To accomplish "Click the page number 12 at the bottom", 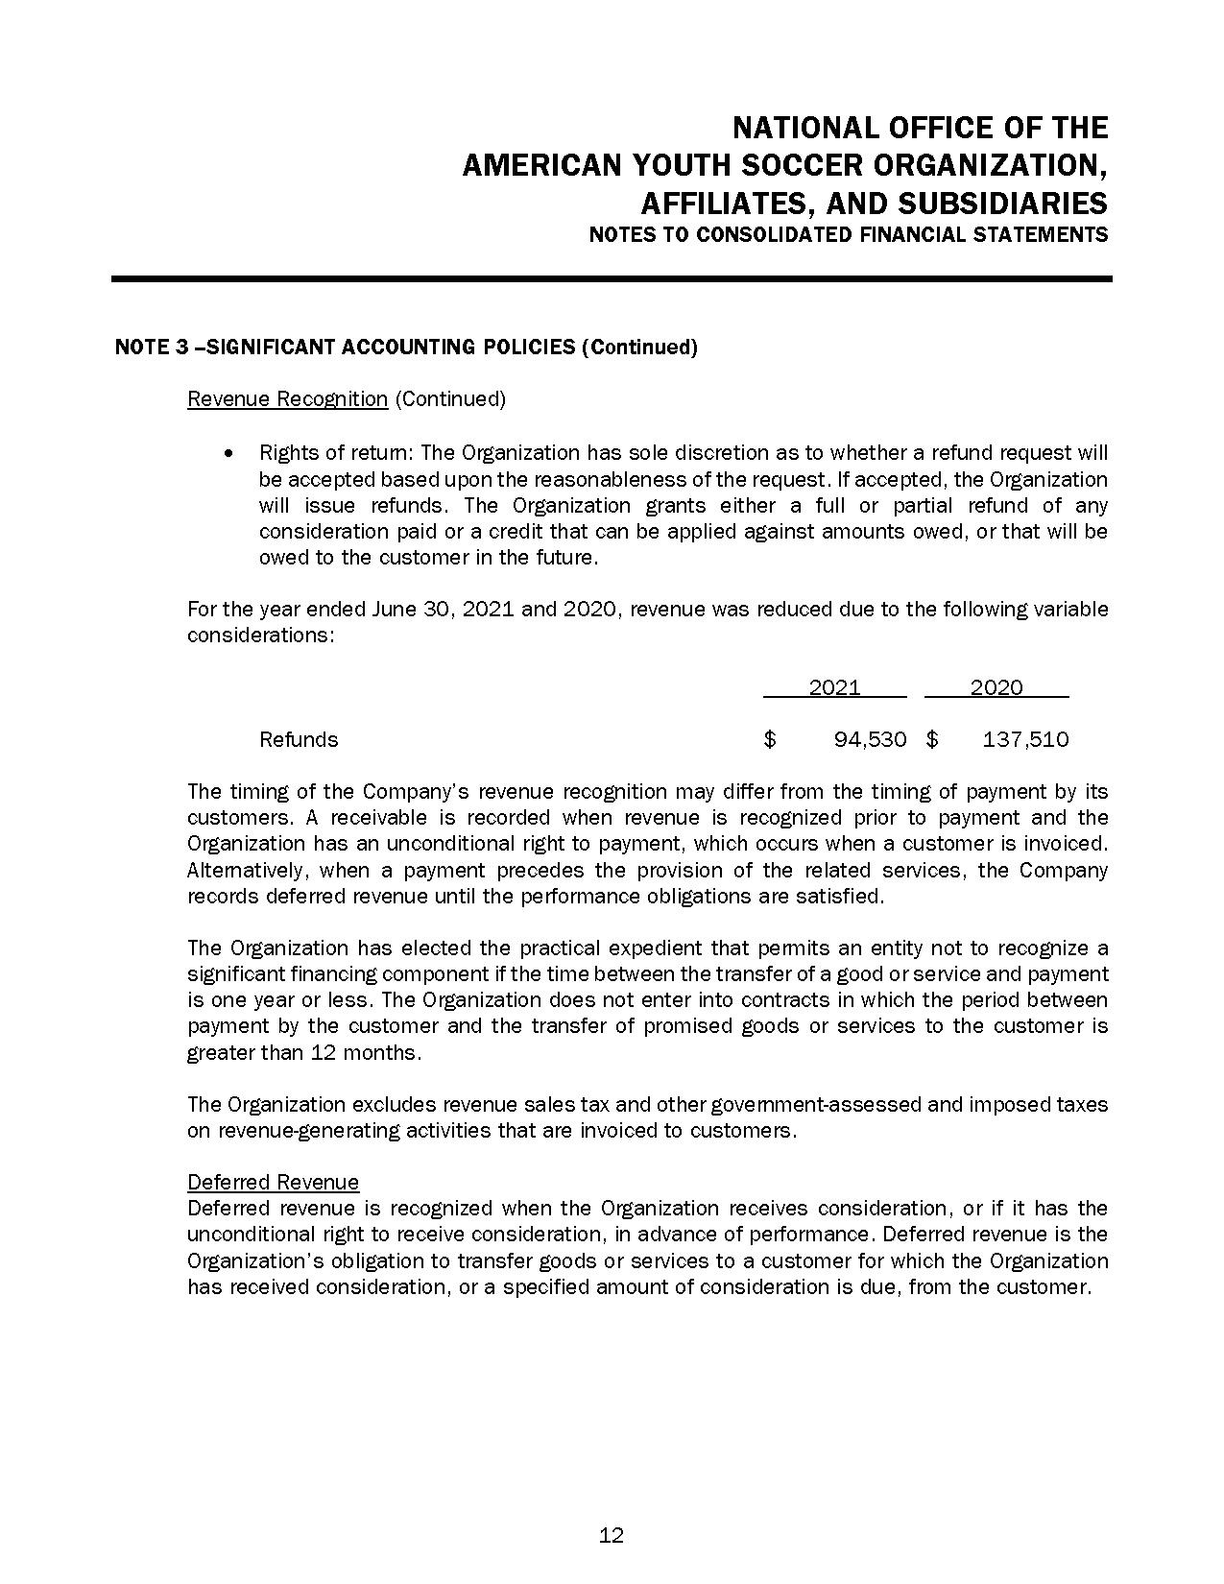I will tap(612, 1535).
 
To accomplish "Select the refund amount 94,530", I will tap(870, 739).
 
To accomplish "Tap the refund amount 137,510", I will tap(1025, 739).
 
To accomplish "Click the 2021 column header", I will tap(834, 687).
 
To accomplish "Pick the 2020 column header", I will tap(996, 687).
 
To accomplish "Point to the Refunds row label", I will tap(299, 739).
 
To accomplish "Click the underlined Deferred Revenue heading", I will tap(273, 1182).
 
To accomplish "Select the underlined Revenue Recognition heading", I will tap(287, 398).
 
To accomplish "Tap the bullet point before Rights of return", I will tap(228, 452).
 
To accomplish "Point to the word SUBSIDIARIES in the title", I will tap(1002, 204).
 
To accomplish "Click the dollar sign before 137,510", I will tap(932, 739).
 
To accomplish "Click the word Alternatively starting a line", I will tap(248, 870).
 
